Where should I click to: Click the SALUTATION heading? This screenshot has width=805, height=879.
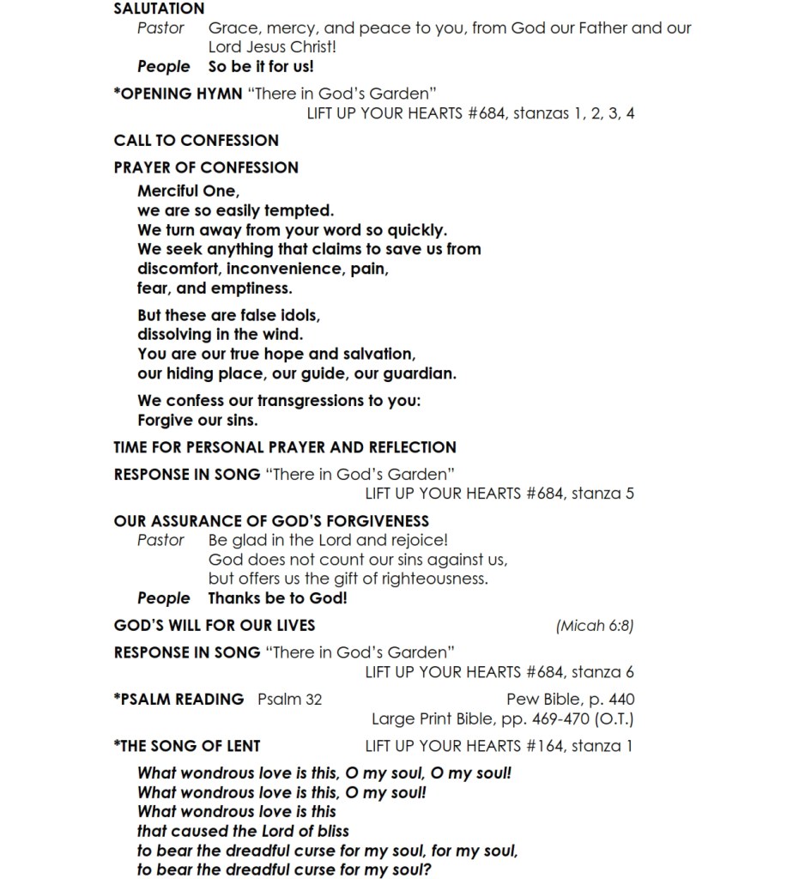[x=159, y=9]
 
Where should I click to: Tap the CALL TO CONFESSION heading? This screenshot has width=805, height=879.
[x=196, y=140]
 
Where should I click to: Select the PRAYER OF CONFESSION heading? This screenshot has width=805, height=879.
[x=206, y=167]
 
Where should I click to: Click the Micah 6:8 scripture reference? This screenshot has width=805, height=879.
[x=595, y=626]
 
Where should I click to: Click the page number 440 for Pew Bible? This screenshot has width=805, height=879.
[x=621, y=699]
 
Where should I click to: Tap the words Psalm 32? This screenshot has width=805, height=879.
[x=290, y=699]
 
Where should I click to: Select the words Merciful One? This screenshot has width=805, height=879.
[x=188, y=191]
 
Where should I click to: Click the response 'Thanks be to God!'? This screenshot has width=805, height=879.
[x=277, y=598]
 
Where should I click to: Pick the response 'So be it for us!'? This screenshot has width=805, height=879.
[x=261, y=66]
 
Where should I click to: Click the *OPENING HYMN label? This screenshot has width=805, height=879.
[x=178, y=94]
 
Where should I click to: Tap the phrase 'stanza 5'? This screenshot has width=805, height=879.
[x=602, y=494]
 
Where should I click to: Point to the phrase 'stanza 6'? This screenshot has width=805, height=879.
[x=602, y=672]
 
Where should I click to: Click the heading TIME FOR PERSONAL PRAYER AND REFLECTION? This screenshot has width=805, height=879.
[x=285, y=447]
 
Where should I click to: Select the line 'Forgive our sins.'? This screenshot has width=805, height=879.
[x=197, y=421]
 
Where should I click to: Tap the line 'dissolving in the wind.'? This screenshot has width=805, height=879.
[x=220, y=334]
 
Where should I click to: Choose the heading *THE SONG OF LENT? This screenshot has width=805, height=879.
[x=187, y=745]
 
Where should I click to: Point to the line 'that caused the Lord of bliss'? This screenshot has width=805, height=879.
[x=243, y=830]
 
